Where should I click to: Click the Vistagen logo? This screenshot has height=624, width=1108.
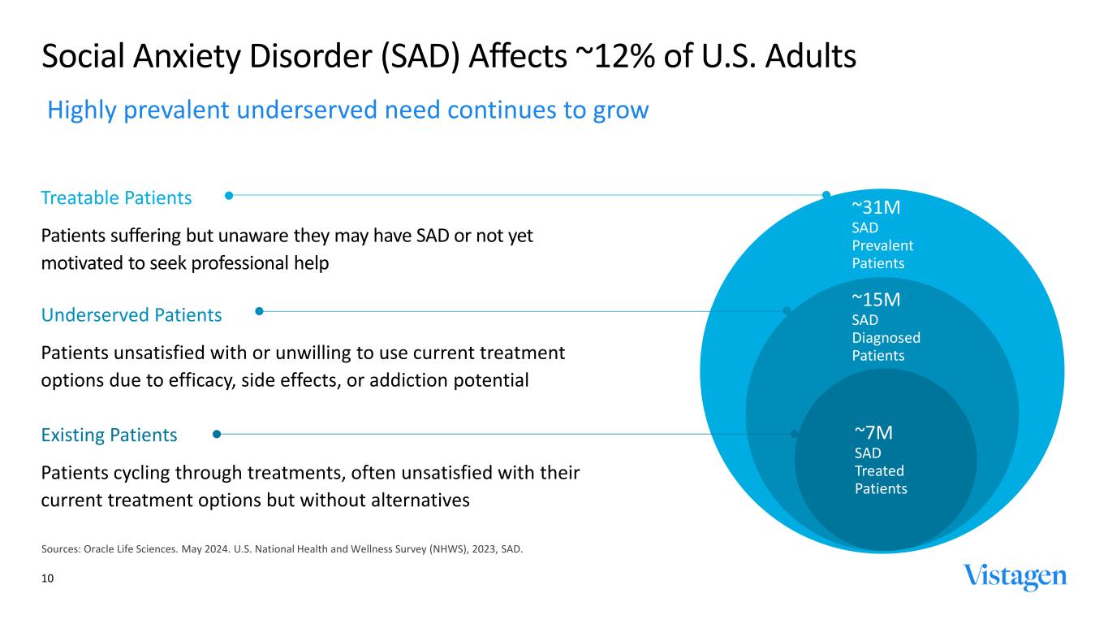1015,577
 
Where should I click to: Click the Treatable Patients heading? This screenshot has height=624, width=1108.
116,197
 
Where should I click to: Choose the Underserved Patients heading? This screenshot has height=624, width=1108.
131,314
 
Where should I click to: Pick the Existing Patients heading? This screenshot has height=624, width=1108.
109,435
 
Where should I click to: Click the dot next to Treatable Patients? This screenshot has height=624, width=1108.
229,195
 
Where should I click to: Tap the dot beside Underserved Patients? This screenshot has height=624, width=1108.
259,310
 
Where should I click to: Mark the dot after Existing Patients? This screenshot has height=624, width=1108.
216,434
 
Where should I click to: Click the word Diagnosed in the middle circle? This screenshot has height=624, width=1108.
886,337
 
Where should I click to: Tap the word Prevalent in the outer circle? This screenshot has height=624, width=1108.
882,245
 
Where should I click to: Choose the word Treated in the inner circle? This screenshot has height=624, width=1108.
879,470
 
